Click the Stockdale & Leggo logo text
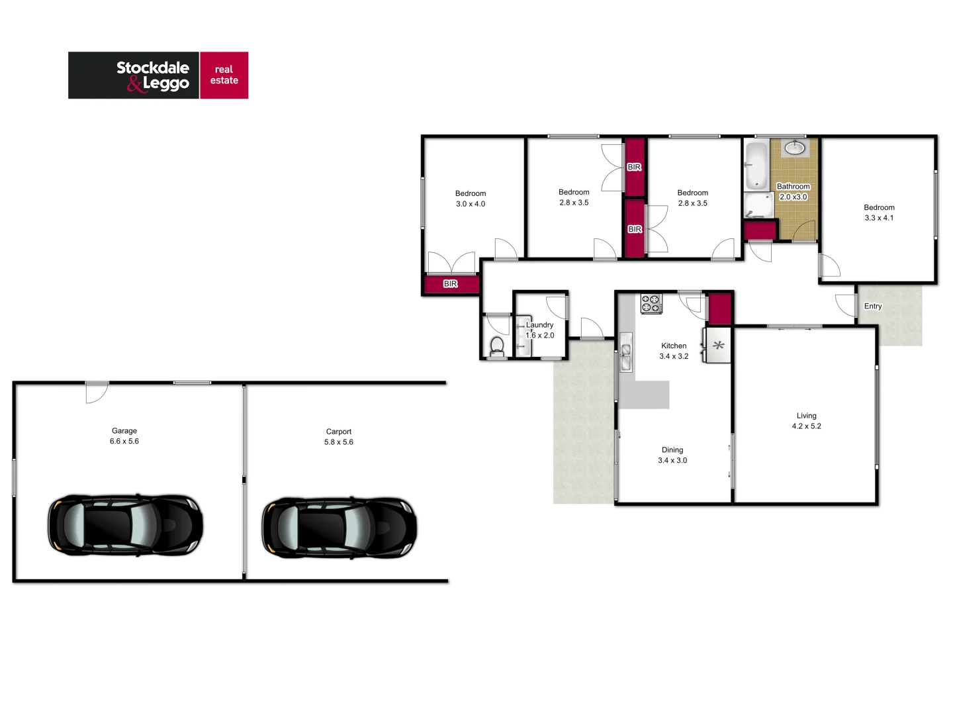click(153, 75)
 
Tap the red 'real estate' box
click(224, 75)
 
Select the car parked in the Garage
click(125, 525)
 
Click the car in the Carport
click(339, 528)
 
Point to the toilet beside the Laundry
click(497, 346)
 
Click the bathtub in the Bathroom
click(756, 165)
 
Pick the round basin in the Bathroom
click(794, 148)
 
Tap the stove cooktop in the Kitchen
click(651, 303)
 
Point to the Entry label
click(873, 307)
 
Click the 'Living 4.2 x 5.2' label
click(806, 421)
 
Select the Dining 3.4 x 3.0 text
click(672, 455)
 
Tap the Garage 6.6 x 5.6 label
click(124, 436)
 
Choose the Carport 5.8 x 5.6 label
click(339, 437)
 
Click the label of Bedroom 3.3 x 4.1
click(879, 213)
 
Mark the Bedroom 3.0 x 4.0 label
click(471, 199)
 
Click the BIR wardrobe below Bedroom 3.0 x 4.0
click(451, 284)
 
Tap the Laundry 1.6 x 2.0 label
click(540, 330)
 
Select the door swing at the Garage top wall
click(97, 393)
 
